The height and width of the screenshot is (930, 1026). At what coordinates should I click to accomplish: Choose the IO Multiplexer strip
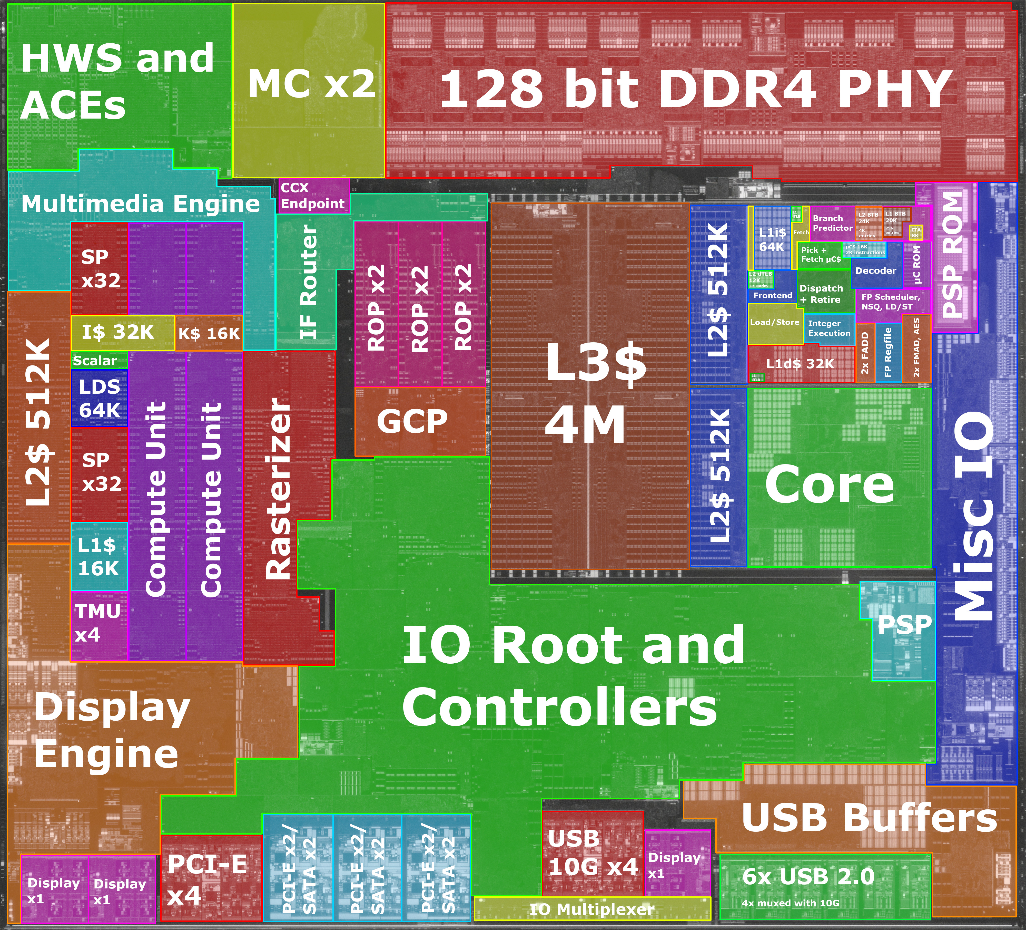(x=592, y=909)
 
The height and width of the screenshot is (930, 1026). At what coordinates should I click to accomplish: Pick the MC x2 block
(x=309, y=84)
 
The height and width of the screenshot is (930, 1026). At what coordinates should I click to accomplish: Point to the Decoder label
(x=875, y=270)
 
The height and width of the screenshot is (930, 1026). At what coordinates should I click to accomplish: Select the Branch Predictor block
(x=832, y=223)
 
